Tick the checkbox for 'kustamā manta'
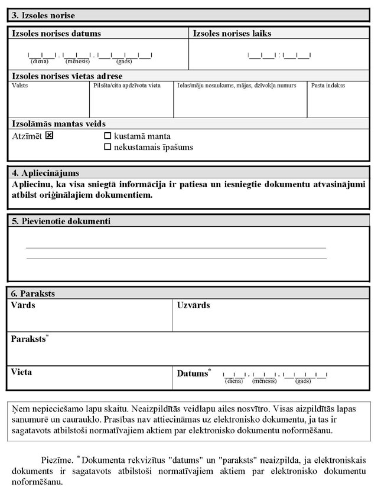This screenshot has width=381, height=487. point(108,136)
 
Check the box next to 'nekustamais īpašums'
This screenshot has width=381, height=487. point(108,147)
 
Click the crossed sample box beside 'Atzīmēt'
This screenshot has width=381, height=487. point(50,136)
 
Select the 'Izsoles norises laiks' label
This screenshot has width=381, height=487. point(232,34)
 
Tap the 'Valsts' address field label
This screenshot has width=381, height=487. point(19,86)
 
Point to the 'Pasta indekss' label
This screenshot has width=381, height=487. point(328,86)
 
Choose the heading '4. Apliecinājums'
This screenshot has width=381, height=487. point(45,173)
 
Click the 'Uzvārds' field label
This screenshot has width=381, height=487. point(193,305)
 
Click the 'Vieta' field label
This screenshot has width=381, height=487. point(21,372)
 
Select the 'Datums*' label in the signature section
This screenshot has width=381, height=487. point(194,373)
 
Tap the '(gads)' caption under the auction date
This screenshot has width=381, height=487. point(124,61)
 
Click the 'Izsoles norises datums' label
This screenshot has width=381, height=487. point(56,34)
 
